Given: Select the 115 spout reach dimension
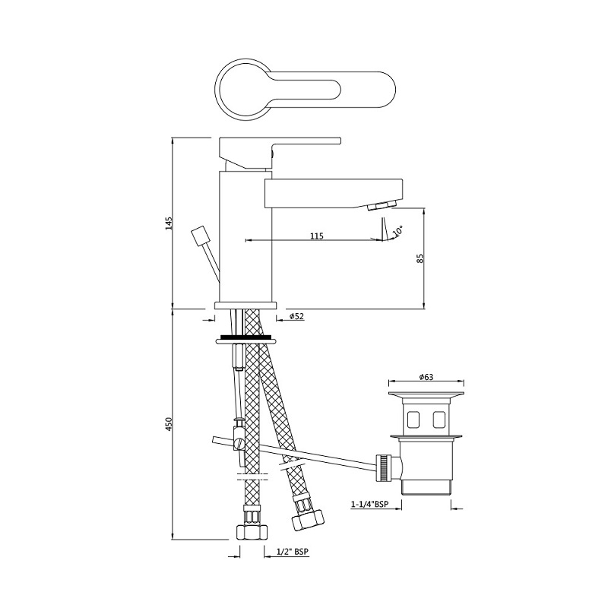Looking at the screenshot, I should pos(317,236).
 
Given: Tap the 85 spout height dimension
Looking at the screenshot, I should pos(420,258).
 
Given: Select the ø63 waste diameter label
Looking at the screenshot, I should pos(426,377).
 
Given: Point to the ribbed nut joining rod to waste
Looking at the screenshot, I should pos(385,465).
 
